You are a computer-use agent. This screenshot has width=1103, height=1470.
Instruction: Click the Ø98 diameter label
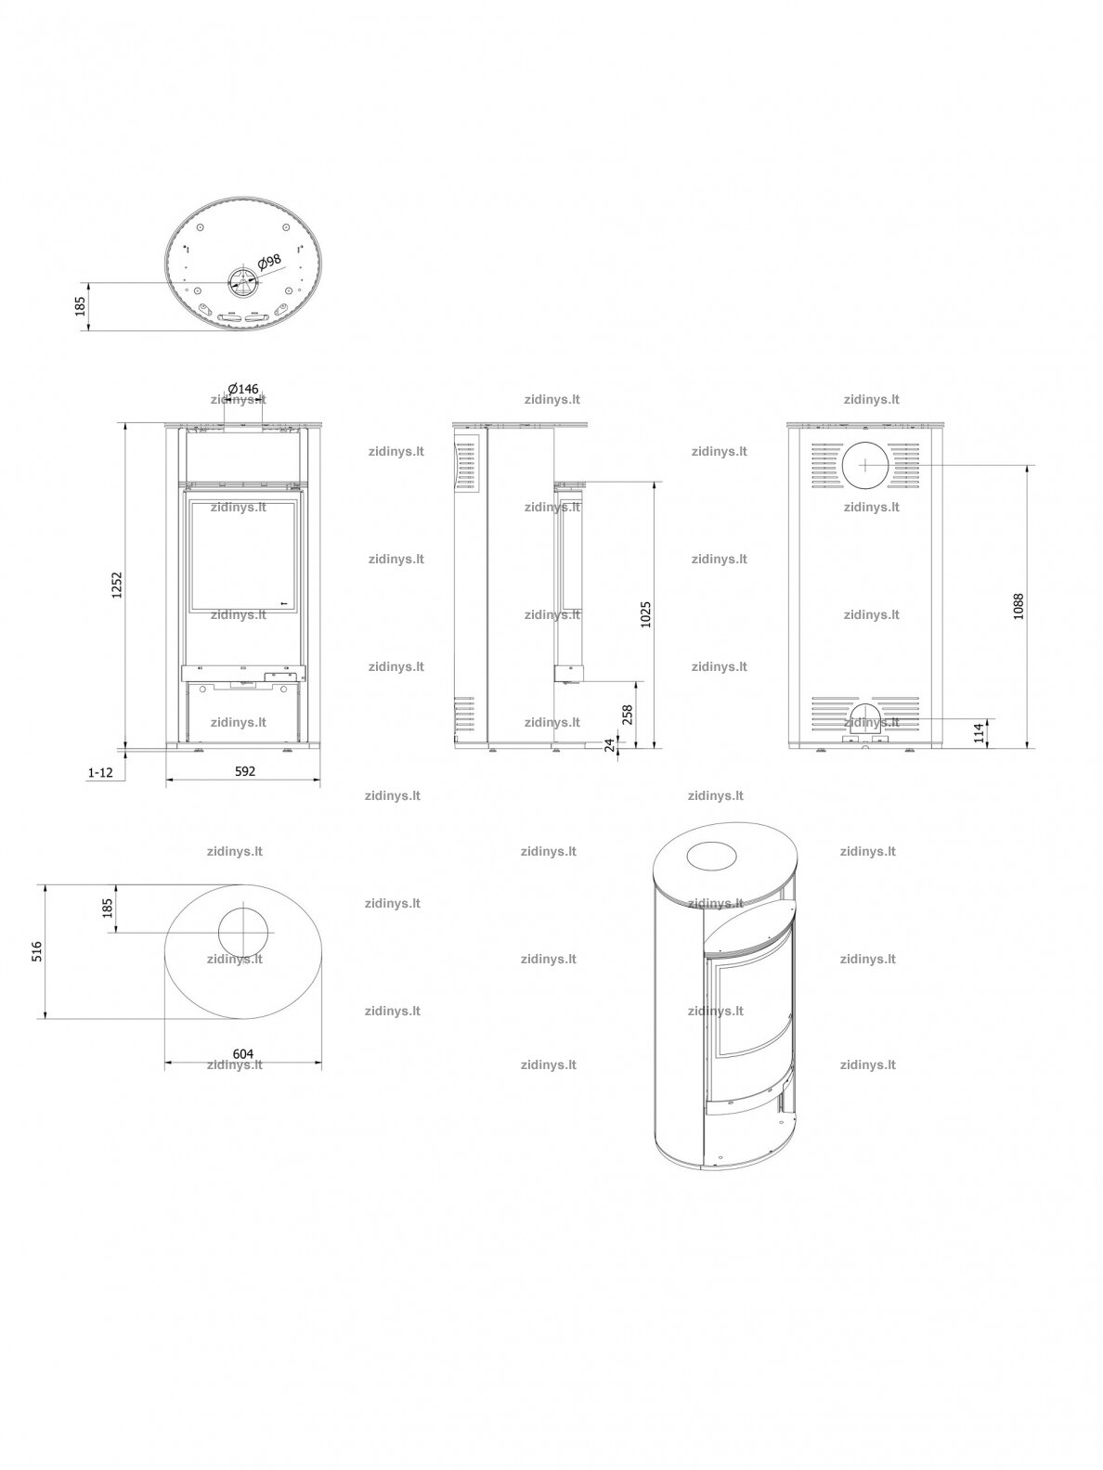click(x=270, y=261)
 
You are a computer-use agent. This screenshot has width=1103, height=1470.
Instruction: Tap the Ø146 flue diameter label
click(x=243, y=389)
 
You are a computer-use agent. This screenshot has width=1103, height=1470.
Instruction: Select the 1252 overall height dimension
click(x=117, y=585)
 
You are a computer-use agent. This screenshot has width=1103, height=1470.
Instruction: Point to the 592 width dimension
click(x=245, y=771)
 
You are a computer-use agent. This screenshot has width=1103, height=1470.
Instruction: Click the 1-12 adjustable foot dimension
click(x=100, y=772)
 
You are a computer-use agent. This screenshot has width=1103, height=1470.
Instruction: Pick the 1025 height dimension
click(x=645, y=614)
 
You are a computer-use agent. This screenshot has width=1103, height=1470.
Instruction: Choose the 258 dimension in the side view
click(x=628, y=716)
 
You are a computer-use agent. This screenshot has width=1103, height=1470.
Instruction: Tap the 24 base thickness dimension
click(x=609, y=745)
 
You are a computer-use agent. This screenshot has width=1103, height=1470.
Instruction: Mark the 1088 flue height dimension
click(x=1019, y=606)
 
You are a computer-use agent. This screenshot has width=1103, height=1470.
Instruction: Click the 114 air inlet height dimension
click(x=980, y=732)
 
